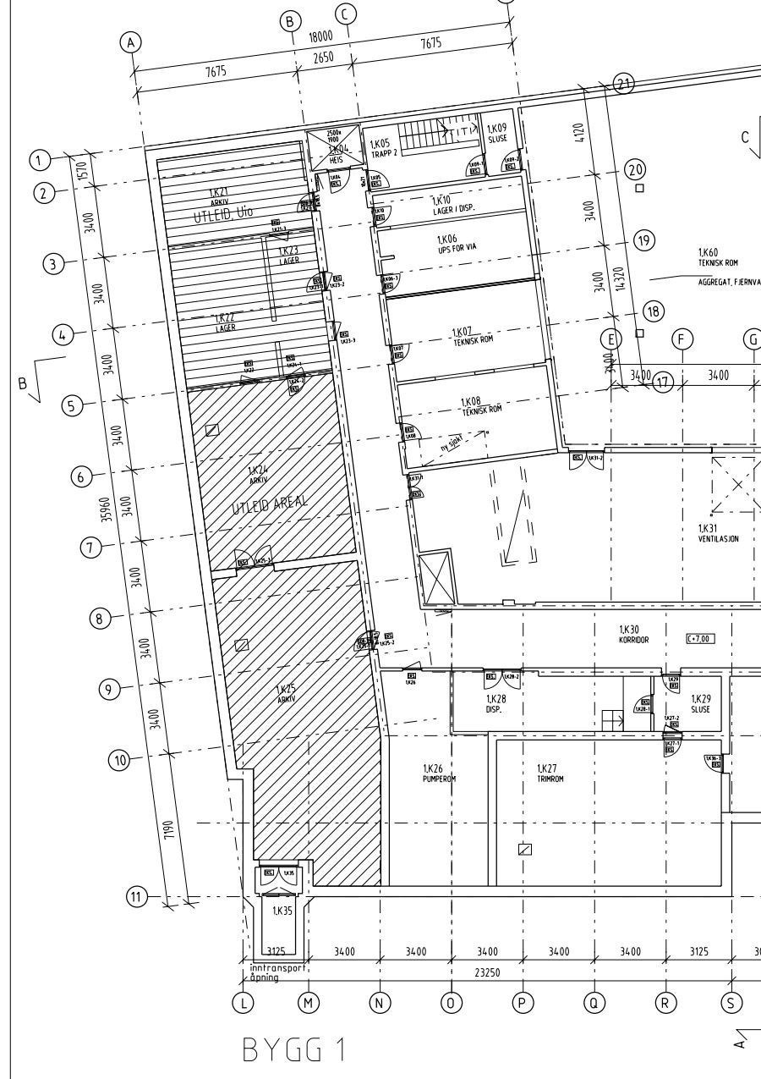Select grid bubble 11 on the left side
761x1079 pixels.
point(137,896)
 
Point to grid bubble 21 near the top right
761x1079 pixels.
point(624,83)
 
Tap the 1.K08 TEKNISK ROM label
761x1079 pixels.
point(481,404)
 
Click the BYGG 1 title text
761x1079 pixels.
point(294,1050)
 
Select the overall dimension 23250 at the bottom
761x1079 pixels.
point(487,972)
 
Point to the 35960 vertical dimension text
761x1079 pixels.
point(107,504)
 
